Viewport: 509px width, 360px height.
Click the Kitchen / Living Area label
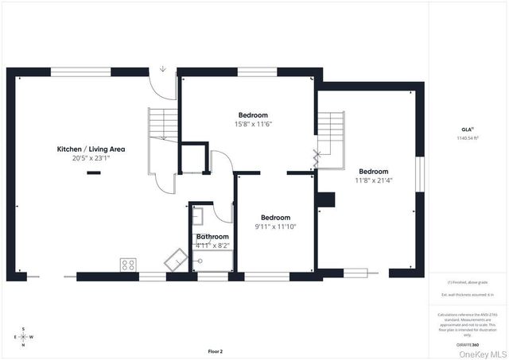pos(91,149)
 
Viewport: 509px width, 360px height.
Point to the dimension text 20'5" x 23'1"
pos(91,158)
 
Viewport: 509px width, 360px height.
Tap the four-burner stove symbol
pos(127,265)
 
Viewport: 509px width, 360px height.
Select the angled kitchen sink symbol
pos(175,259)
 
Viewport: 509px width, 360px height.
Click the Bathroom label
pos(212,237)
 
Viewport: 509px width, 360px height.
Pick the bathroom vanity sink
pos(198,215)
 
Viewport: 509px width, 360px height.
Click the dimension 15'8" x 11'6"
pos(253,124)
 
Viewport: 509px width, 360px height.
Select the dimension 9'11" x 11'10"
pos(275,226)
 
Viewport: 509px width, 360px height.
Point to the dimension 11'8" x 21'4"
pos(373,180)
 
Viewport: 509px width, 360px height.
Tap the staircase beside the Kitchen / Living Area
pos(163,126)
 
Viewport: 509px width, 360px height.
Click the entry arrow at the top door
pos(163,69)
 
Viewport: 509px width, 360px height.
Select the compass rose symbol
pos(23,336)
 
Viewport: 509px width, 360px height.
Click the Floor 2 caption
pos(215,350)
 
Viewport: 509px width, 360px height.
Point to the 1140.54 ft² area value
pos(467,138)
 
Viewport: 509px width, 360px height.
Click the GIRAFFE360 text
pos(467,345)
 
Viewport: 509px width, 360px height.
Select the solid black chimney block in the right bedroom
pos(325,199)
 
